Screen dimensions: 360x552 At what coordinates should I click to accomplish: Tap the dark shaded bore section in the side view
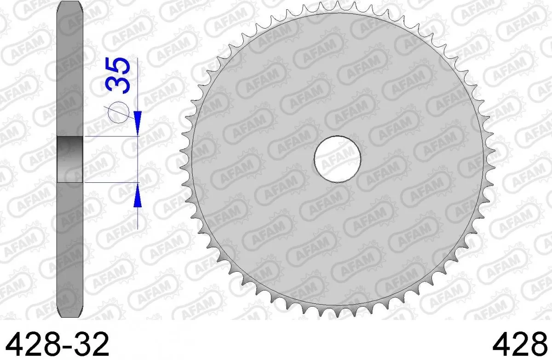(x=70, y=159)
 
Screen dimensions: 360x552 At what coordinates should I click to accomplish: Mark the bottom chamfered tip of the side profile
(x=70, y=314)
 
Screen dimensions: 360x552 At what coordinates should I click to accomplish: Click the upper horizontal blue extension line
(x=110, y=137)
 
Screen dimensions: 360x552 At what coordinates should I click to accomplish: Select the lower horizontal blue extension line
(x=110, y=183)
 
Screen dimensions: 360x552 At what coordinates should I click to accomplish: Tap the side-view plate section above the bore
(x=70, y=74)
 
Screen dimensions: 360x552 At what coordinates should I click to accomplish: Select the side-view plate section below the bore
(x=70, y=249)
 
